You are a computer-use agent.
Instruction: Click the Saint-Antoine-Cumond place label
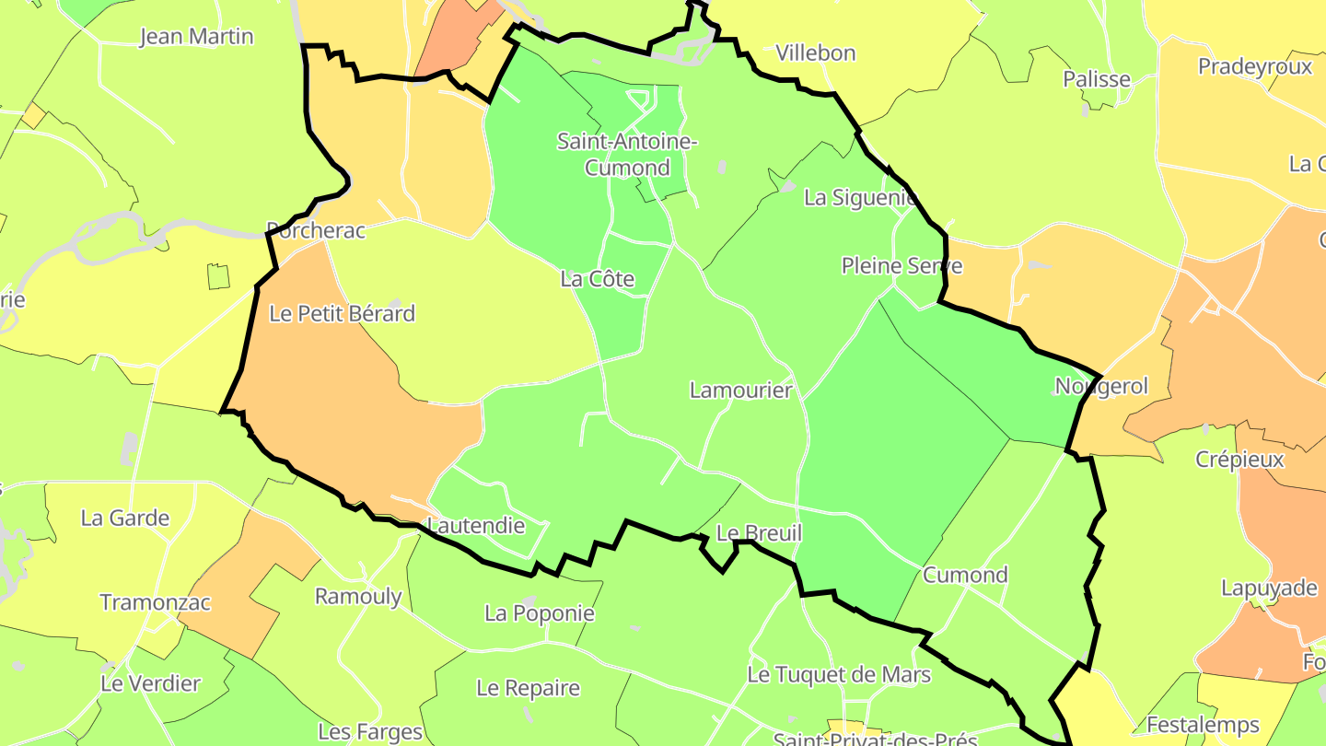pos(627,155)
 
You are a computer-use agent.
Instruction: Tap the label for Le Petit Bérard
pos(342,313)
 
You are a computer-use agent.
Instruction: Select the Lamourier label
pos(741,390)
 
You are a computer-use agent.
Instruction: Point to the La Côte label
pos(598,278)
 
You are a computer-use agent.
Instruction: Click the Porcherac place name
pos(316,230)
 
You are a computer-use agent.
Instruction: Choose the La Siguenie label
pos(860,197)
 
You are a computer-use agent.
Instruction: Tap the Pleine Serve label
pos(901,266)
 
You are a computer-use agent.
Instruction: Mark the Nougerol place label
pos(1101,386)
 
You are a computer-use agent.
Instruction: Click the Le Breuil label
pos(759,533)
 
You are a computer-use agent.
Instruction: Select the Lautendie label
pos(477,526)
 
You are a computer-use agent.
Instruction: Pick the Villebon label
pos(816,52)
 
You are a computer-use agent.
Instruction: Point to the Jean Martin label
pos(196,37)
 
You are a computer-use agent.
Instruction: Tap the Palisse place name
pos(1097,79)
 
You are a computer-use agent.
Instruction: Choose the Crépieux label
pos(1239,459)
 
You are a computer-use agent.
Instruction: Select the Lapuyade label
pos(1269,588)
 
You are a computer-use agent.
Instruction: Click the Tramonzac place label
pos(156,602)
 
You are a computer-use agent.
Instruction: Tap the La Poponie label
pos(540,612)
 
